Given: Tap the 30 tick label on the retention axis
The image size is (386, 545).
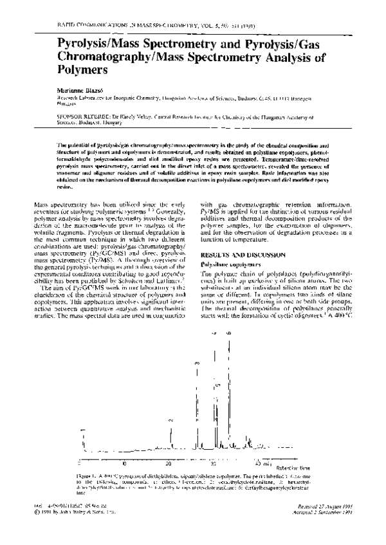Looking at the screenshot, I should [215, 464].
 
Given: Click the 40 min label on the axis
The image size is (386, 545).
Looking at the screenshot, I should [260, 464].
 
